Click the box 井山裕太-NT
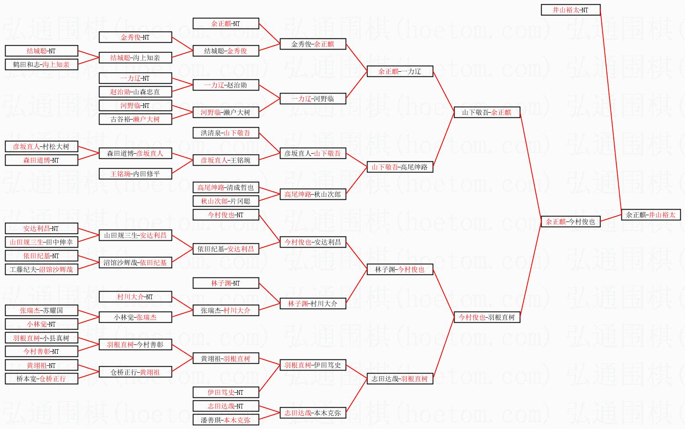[x=571, y=10]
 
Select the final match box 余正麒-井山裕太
[x=651, y=215]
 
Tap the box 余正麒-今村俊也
[x=571, y=222]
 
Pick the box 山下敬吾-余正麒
[x=487, y=112]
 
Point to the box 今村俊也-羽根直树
[x=487, y=317]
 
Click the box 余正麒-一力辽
[x=400, y=71]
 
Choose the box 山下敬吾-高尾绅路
[x=400, y=167]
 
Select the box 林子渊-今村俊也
[x=400, y=269]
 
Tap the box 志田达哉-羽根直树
[x=400, y=379]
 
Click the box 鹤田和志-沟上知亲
[x=41, y=64]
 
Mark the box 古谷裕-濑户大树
[x=135, y=119]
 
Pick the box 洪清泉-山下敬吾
[x=226, y=133]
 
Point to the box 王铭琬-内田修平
[x=135, y=174]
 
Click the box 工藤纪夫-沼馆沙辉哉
[x=41, y=269]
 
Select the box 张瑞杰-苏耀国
[x=41, y=310]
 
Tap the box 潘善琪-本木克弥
[x=226, y=420]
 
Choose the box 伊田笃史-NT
[x=226, y=392]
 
